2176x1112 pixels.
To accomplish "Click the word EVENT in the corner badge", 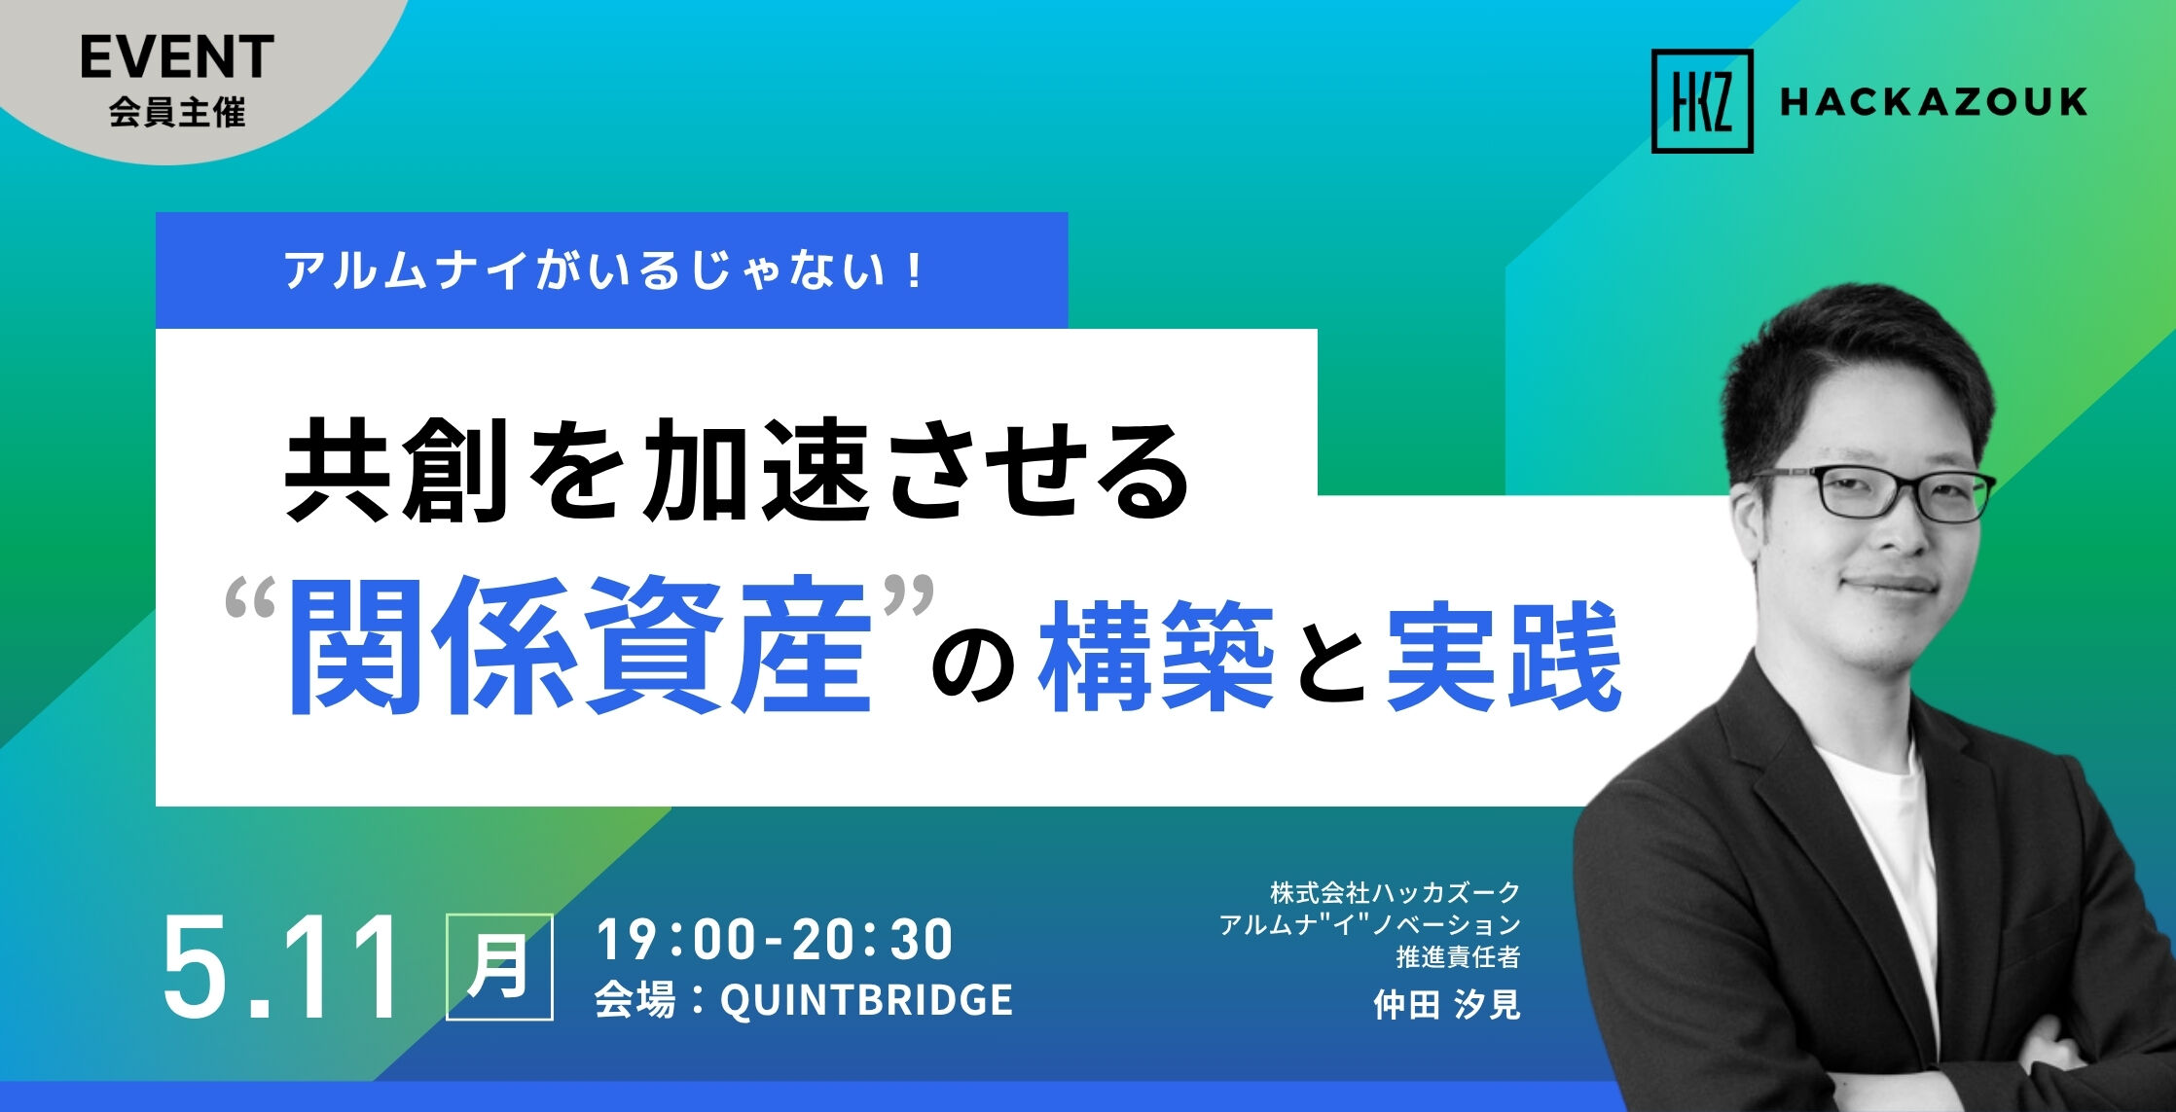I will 177,57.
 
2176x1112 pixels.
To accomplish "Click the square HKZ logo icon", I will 1702,101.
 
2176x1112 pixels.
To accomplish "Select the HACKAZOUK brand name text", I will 1934,102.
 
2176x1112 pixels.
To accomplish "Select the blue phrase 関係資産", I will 579,647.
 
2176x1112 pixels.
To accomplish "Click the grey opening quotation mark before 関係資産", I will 251,600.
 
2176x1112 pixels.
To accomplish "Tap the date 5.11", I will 282,968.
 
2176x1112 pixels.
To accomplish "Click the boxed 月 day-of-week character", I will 499,967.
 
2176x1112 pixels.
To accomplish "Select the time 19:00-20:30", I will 775,940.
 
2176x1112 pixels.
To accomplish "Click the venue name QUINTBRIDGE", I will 866,1000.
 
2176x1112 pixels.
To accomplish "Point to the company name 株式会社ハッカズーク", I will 1395,891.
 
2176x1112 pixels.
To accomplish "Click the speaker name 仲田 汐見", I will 1446,1004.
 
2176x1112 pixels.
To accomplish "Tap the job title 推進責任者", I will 1458,957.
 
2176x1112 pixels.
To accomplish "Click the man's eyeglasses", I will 1878,492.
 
